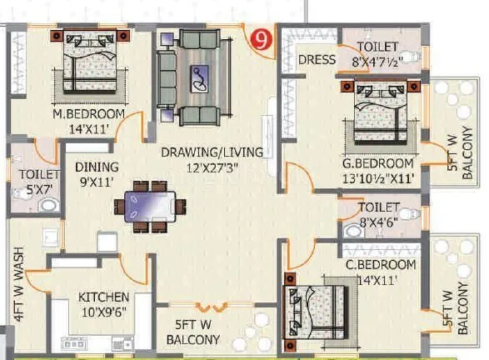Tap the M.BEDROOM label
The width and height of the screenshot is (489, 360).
pos(88,114)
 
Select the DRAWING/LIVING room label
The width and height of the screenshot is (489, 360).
pos(212,152)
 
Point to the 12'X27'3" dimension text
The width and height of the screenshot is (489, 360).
pos(212,167)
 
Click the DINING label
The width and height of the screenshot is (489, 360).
pos(97,167)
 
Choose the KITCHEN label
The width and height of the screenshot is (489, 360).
pos(103,297)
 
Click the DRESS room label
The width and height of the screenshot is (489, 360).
pos(317,60)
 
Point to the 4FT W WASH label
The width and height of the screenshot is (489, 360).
pos(18,283)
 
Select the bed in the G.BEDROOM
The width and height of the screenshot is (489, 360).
pos(379,112)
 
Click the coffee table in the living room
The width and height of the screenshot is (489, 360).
pos(201,79)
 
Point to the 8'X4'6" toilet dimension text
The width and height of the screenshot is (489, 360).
pos(380,222)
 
